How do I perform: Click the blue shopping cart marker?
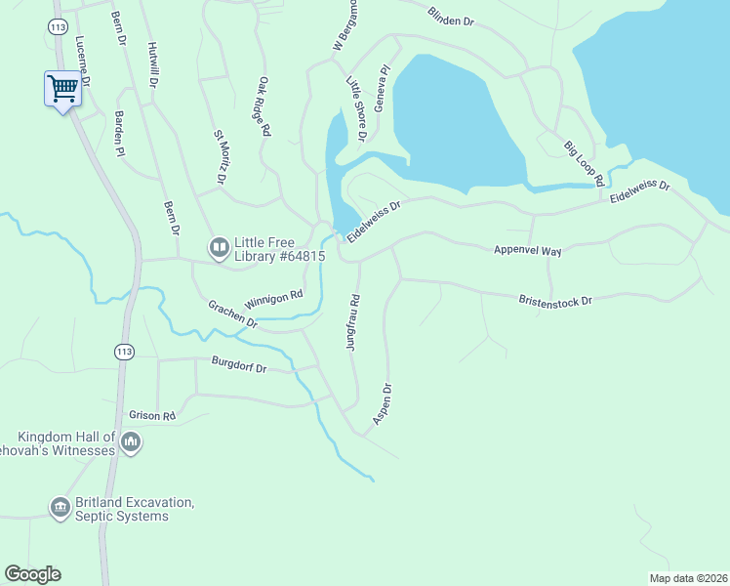(x=61, y=89)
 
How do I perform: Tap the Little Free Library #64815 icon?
(x=219, y=249)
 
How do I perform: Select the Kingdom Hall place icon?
(x=131, y=443)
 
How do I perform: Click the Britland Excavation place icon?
(x=60, y=507)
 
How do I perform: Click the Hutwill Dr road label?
(x=151, y=65)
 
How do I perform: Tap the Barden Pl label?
(x=119, y=134)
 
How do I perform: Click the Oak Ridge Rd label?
(x=264, y=107)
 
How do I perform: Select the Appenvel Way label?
(x=527, y=251)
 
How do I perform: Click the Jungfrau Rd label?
(x=352, y=322)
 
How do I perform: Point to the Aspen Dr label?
(x=383, y=404)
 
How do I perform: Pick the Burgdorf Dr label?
(x=239, y=367)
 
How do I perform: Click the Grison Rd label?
(x=151, y=415)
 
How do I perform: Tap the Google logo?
(x=32, y=574)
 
